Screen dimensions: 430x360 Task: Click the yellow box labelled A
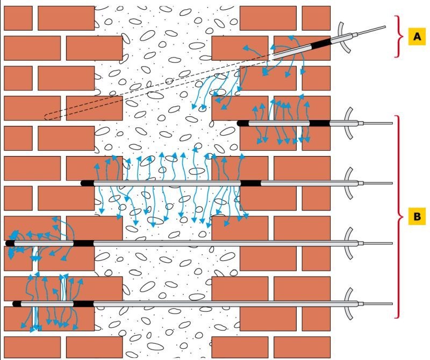(417, 36)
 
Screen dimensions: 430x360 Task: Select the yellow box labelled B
(417, 216)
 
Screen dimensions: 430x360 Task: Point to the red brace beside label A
(399, 37)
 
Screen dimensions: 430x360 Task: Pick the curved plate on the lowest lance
(347, 303)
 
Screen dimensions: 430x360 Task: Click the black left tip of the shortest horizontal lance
(243, 123)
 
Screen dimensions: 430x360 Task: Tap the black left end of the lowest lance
(17, 303)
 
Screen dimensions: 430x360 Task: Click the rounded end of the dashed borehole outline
(47, 117)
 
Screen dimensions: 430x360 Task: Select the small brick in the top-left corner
(18, 18)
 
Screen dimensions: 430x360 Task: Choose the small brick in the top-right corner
(316, 18)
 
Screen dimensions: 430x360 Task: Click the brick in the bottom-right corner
(302, 348)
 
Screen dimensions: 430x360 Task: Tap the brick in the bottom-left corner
(32, 348)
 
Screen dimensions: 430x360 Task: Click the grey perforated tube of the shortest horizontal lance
(279, 123)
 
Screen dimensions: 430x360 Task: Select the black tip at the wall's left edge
(10, 243)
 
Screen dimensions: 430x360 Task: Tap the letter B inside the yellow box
(417, 216)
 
